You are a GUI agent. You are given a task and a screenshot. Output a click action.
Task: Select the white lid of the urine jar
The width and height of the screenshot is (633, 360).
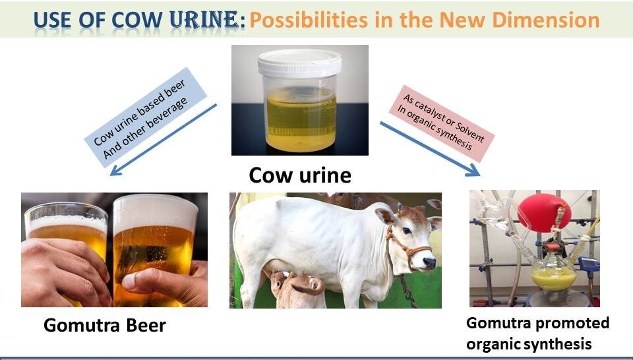click(x=299, y=63)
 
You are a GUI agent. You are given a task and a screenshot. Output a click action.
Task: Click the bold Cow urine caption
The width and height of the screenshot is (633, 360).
click(x=300, y=175)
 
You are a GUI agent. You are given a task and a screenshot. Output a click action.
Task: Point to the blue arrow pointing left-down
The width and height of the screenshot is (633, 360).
click(x=164, y=140)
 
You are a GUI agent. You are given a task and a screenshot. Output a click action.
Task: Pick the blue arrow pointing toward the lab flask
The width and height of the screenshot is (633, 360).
click(x=430, y=149)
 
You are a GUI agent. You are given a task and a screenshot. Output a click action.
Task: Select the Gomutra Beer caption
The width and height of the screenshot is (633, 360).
click(x=105, y=325)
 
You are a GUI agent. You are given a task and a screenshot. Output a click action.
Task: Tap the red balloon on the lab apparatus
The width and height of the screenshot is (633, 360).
click(x=544, y=213)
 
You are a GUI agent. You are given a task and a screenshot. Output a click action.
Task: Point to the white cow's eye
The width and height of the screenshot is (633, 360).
click(x=407, y=231)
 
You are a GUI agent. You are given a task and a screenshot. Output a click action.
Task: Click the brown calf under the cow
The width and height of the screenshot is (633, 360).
click(x=297, y=289)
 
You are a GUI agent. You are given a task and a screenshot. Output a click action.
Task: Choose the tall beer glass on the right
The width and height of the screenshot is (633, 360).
click(x=154, y=251)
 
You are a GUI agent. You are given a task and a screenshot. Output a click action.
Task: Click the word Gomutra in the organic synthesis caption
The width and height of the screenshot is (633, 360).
click(x=499, y=323)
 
